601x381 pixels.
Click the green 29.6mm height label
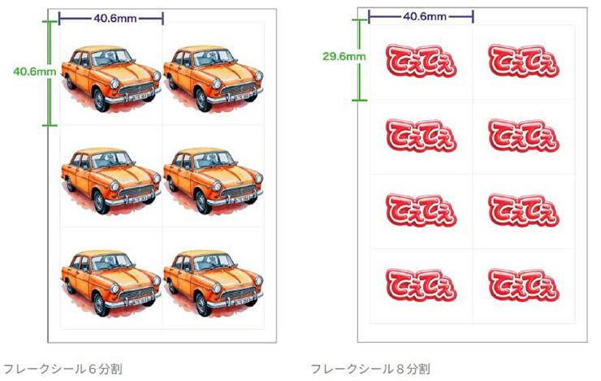point(344,56)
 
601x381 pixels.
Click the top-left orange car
point(111,77)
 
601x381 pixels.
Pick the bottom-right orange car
point(214,280)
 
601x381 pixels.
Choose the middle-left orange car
point(111,179)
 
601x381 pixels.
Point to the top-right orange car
point(214,77)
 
